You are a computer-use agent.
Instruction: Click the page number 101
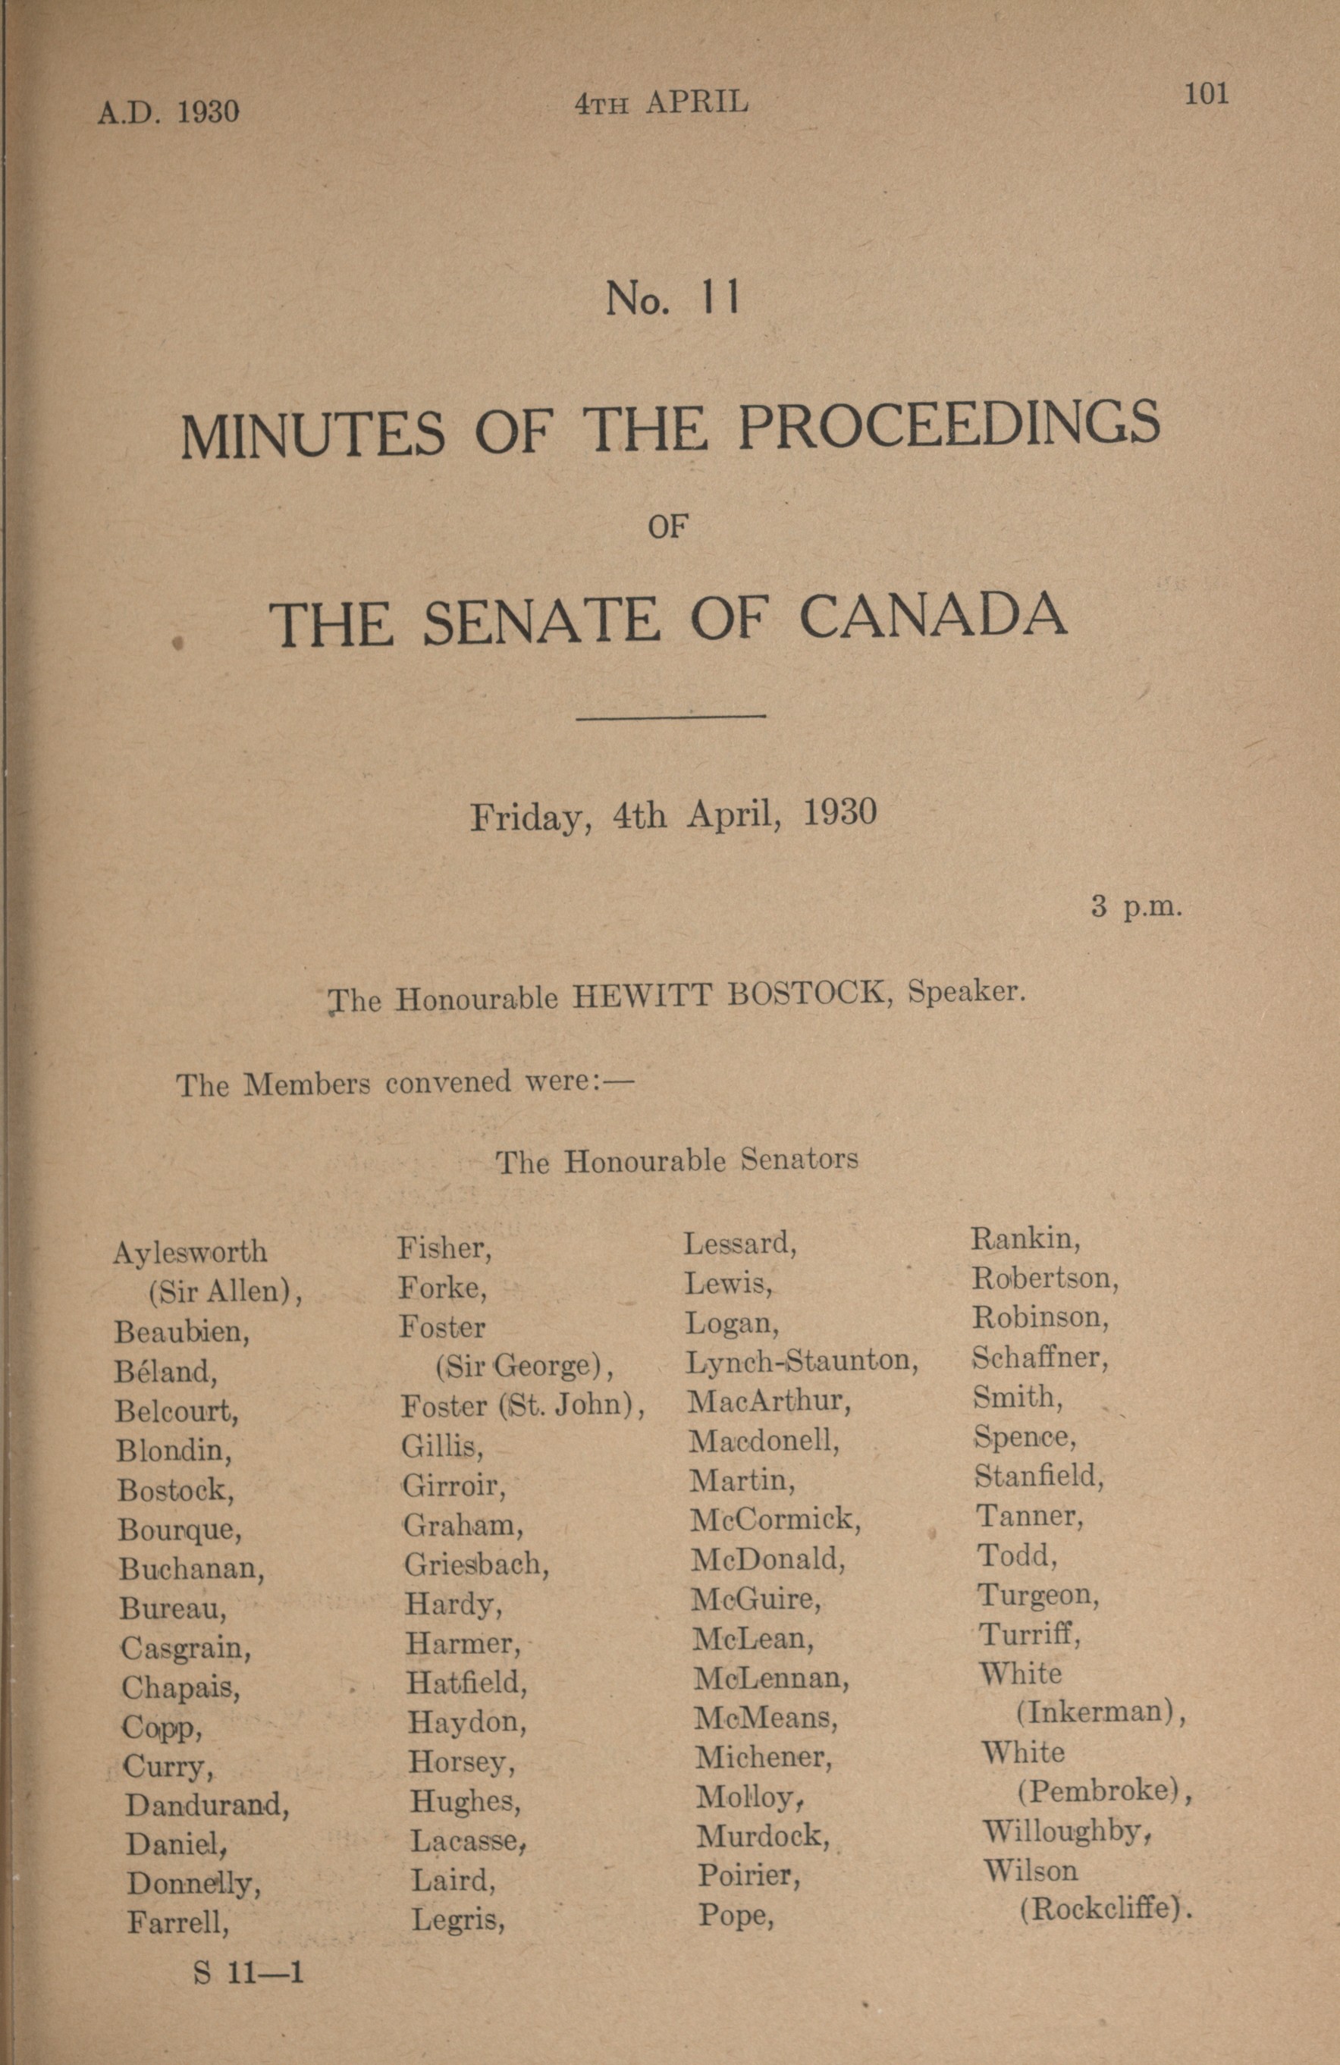coord(1206,94)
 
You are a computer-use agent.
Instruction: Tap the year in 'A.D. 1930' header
coord(208,112)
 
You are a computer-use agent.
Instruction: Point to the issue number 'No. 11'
coord(673,300)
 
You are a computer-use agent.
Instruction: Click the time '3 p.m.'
coord(1137,909)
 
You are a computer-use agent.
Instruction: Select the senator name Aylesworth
coord(190,1252)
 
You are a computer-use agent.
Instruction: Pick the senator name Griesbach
coord(476,1564)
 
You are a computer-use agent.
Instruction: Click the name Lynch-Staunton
coord(802,1360)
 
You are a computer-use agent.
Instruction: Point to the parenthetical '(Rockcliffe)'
coord(1103,1911)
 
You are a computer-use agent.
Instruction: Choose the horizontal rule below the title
coord(670,716)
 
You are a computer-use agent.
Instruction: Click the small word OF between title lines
coord(668,526)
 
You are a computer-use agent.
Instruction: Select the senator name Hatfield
coord(467,1684)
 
